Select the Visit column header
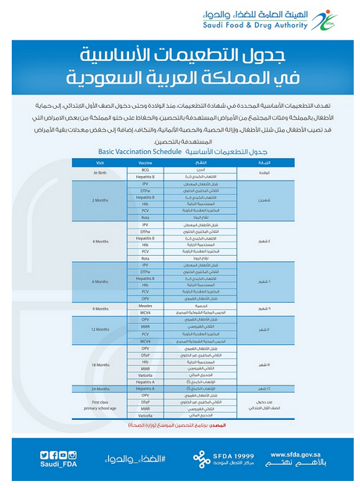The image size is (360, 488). point(100,162)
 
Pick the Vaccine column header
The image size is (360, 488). point(146,162)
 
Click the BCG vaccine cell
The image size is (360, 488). point(146,169)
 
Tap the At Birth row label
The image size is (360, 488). point(100,173)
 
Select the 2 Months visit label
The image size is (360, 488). point(100,200)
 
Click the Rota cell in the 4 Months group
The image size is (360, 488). point(146,258)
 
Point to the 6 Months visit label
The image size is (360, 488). point(100,282)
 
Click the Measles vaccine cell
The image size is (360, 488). point(146,306)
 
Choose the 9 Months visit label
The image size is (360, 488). point(100,309)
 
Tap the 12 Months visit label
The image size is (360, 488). point(100,329)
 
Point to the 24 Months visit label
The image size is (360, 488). point(100,389)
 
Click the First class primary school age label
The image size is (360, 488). point(100,405)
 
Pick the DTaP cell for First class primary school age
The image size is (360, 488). point(146,402)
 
